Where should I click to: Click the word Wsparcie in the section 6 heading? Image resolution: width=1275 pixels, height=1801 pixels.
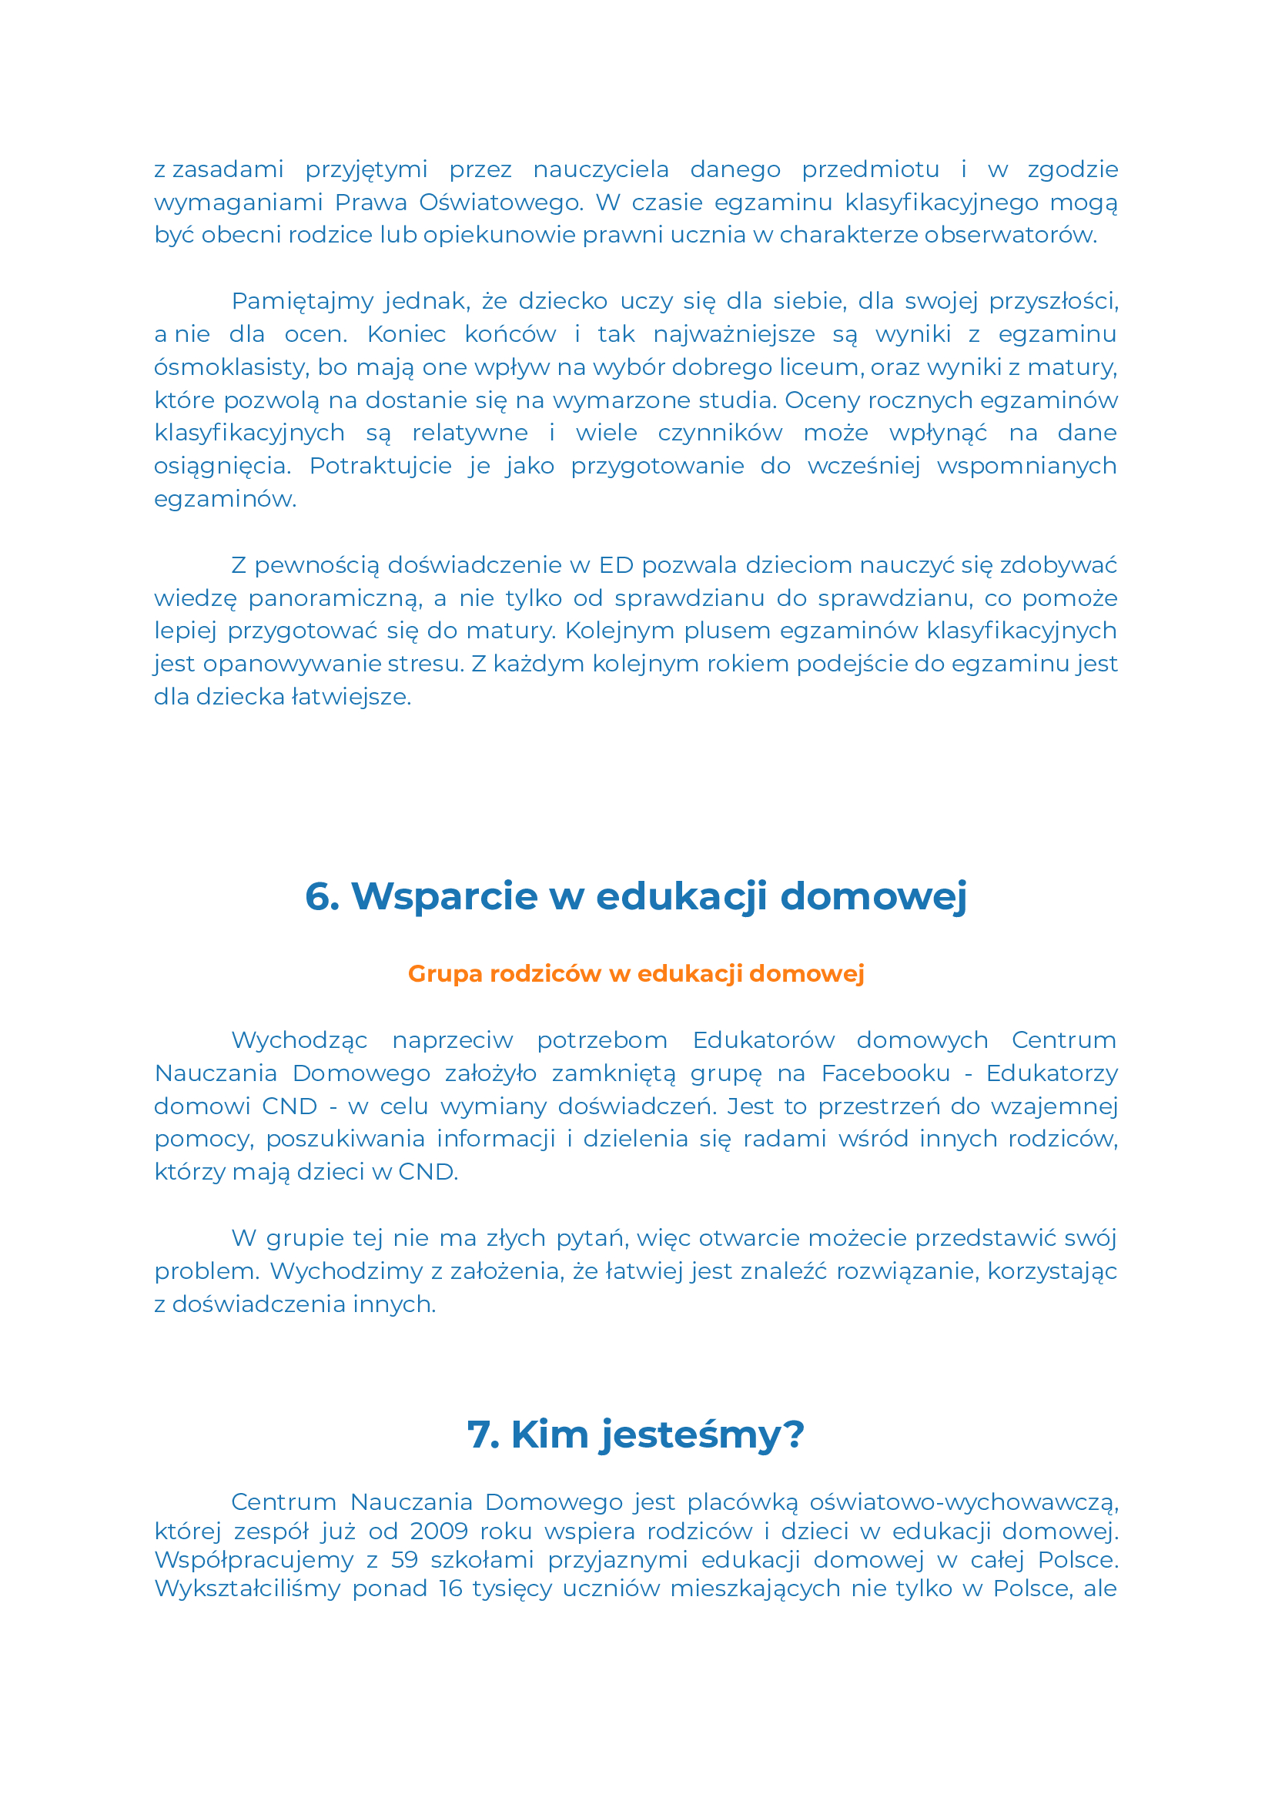click(443, 896)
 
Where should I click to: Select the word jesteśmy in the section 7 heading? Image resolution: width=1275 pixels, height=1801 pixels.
click(691, 1434)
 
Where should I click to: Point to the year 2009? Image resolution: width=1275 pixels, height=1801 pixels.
click(439, 1531)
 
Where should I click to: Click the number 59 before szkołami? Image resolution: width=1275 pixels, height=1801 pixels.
click(404, 1559)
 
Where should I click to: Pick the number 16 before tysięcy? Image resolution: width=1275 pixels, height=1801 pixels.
click(450, 1588)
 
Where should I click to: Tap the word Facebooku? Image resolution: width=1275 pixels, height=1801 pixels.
click(885, 1073)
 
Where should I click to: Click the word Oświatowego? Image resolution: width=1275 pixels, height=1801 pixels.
click(501, 203)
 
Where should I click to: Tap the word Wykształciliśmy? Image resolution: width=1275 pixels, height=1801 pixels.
click(247, 1588)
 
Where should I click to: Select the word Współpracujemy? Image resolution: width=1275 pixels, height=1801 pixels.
click(253, 1559)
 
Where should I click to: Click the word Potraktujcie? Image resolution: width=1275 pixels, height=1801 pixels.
click(380, 467)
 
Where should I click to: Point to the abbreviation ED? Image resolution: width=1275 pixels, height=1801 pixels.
click(615, 565)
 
